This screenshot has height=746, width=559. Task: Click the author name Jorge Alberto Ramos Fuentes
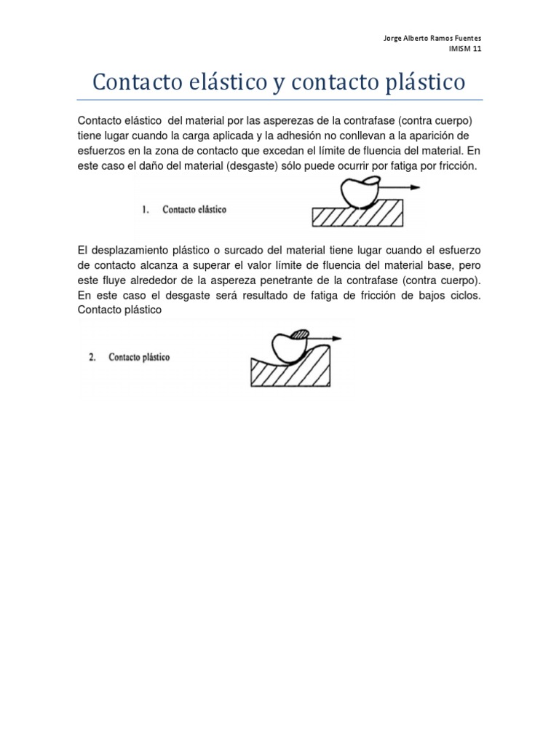click(x=432, y=39)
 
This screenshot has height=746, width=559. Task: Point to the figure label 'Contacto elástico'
click(x=194, y=210)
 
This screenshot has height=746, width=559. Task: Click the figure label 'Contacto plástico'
click(x=139, y=358)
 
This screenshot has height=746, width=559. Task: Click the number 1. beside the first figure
click(x=146, y=210)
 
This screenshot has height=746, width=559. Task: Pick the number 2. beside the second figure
click(x=93, y=358)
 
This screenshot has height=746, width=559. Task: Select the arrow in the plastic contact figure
click(x=326, y=339)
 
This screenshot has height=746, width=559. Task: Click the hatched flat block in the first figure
click(x=357, y=215)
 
